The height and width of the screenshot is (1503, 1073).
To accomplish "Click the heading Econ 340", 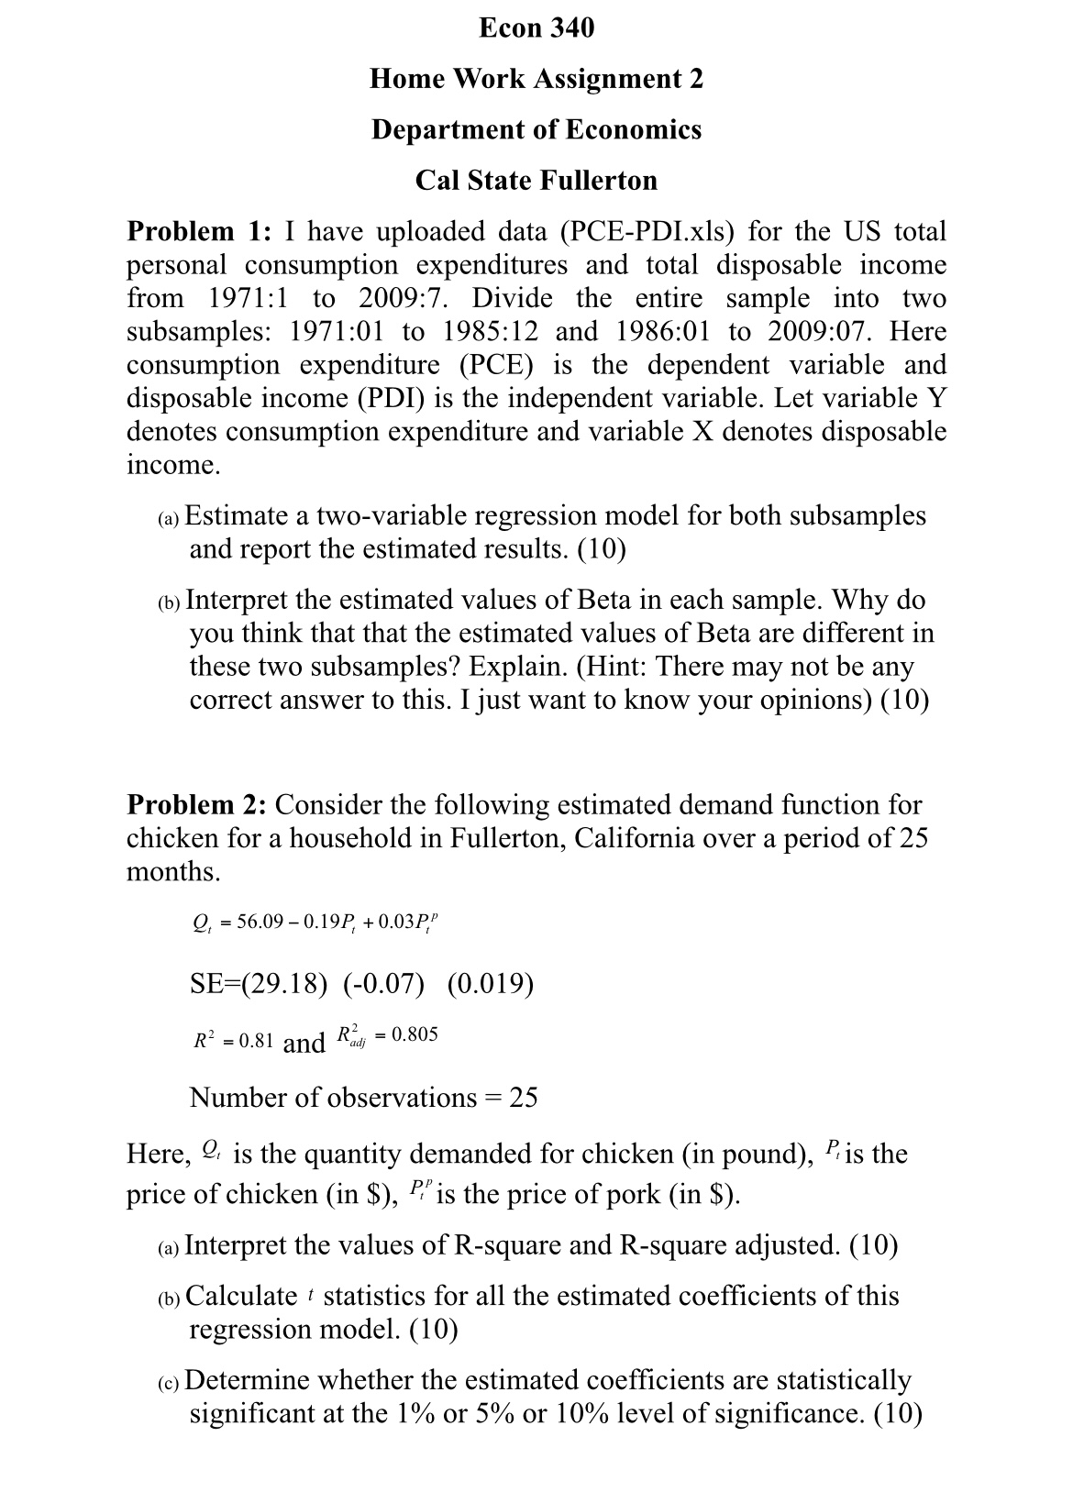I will point(536,28).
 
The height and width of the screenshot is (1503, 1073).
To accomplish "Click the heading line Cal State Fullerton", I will point(536,180).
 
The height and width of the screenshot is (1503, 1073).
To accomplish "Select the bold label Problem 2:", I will point(196,804).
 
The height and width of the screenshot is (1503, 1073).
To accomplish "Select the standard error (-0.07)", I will point(384,984).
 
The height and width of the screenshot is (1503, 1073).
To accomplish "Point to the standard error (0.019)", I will point(491,984).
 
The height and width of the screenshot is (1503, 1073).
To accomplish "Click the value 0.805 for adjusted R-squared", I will point(415,1034).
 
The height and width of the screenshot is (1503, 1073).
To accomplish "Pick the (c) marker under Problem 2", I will point(170,1382).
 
